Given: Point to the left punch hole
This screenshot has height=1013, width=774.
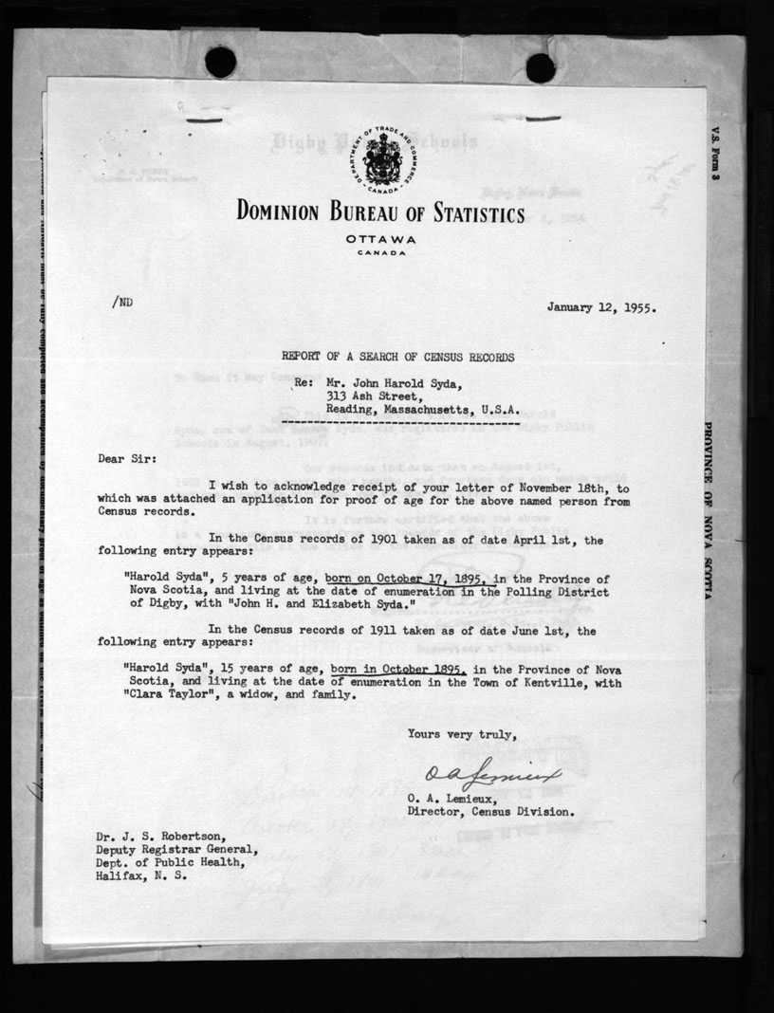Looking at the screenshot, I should point(220,62).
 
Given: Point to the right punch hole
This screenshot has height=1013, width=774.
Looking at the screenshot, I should point(540,67).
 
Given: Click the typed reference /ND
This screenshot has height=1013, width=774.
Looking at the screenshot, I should point(123,302).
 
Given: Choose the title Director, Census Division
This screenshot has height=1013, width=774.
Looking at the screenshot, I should point(489,812).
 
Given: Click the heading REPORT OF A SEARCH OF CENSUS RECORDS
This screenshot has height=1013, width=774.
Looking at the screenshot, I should point(397,358).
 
